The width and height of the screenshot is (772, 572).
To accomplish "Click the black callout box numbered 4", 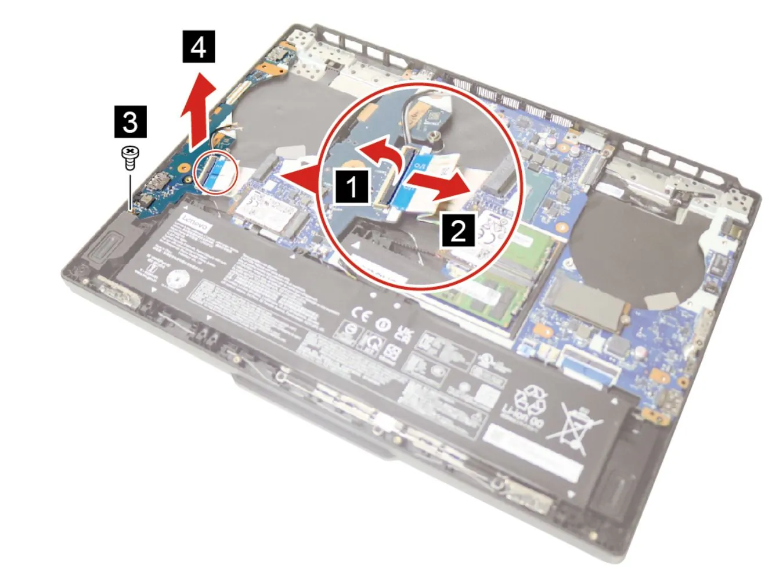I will [199, 46].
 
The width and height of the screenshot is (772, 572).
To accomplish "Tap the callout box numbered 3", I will [131, 122].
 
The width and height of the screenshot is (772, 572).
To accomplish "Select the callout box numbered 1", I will [351, 187].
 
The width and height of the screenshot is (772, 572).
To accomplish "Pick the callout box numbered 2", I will [459, 231].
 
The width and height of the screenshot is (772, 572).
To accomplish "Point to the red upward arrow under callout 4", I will [196, 110].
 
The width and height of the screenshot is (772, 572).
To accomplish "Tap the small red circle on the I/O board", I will [217, 172].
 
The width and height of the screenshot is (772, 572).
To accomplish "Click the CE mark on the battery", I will [360, 315].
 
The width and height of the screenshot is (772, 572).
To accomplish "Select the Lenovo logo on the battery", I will [195, 222].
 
